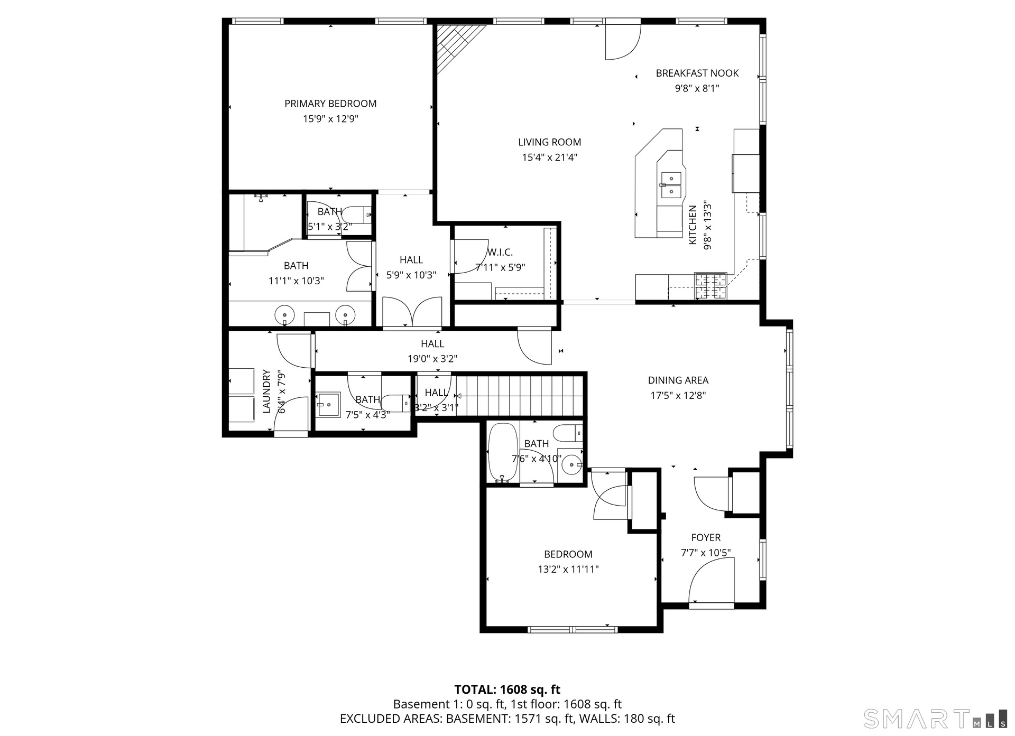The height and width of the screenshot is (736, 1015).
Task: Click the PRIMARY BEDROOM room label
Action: point(330,104)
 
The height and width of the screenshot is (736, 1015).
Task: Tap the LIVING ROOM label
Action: point(549,142)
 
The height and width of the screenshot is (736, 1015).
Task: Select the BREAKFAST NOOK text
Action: point(697,73)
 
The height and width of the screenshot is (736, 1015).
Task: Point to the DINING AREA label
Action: point(678,380)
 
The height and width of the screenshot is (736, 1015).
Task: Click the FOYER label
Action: point(706,537)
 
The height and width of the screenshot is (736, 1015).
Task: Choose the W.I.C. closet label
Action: point(500,253)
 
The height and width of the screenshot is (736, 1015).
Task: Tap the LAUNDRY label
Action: point(266,392)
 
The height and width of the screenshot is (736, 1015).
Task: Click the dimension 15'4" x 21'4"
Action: point(549,157)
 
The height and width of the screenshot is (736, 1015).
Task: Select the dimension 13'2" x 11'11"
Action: point(568,570)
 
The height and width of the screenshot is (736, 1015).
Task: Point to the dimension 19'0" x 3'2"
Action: point(432,359)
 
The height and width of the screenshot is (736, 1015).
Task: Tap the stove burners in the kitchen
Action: point(710,286)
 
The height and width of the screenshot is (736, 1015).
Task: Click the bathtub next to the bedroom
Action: point(503,453)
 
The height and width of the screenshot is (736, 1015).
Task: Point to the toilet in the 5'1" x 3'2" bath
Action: point(357,215)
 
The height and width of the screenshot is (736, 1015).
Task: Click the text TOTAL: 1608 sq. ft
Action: point(507,690)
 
